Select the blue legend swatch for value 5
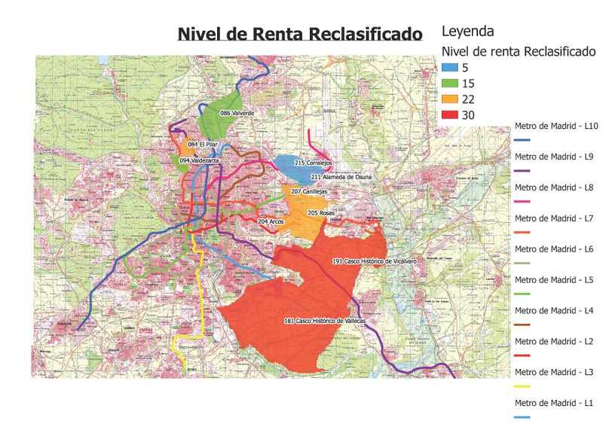point(448,68)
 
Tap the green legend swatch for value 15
point(448,84)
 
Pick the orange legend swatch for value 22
point(448,99)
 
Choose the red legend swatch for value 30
point(448,115)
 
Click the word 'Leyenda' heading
point(467,32)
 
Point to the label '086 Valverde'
point(237,112)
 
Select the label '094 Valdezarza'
point(200,160)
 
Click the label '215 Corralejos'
point(314,163)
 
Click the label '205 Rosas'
point(321,213)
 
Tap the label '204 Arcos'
point(271,222)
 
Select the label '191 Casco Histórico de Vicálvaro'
point(375,261)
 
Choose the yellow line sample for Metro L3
point(523,386)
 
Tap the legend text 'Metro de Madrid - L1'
point(553,403)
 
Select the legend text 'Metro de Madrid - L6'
point(553,249)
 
